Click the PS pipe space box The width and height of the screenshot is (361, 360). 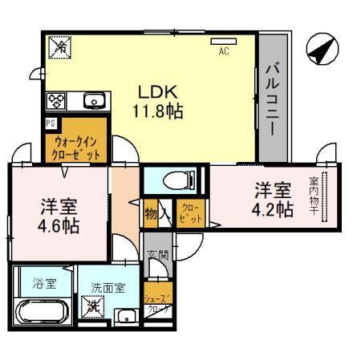(x=51, y=123)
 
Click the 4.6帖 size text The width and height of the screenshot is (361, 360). (x=59, y=225)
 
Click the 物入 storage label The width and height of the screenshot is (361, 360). (x=155, y=214)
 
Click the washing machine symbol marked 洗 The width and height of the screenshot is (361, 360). (x=94, y=305)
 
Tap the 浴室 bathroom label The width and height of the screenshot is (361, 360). (x=44, y=282)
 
